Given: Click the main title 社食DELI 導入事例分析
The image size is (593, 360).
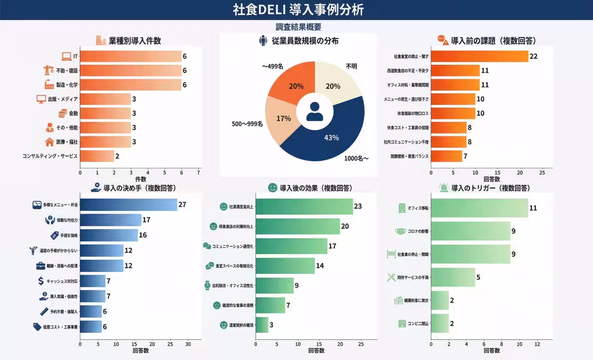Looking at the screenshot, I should coord(296,10).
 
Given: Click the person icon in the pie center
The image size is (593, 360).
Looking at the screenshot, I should coord(314,111).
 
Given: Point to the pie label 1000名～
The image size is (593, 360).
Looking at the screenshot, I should coord(356,159).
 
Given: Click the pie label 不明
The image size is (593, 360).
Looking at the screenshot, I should coord(351,66).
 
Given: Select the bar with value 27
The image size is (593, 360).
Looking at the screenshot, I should coord(128,205).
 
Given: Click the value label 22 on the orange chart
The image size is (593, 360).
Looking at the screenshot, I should coord(533,56).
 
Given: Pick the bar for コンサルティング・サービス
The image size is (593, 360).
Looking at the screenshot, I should coord(97,156).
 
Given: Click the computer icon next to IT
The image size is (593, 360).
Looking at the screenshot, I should coord(66,56).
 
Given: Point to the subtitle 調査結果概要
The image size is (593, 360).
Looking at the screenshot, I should coord(298,27).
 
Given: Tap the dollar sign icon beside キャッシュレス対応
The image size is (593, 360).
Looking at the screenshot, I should coord(41,281).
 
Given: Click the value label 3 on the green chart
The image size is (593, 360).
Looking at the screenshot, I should coord(271,325).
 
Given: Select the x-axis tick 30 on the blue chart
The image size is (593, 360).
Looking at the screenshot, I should coord(188,344).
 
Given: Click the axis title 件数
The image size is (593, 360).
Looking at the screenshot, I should coord(141,179).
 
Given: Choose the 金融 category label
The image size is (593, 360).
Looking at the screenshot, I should coord(73,114).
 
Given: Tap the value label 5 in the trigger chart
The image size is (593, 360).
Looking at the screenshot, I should coord(478,277).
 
